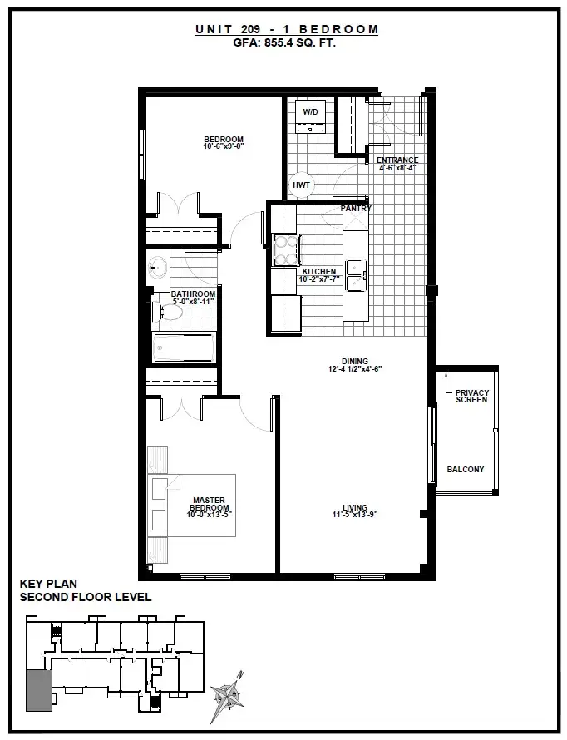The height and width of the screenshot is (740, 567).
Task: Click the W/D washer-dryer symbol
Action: pyautogui.click(x=310, y=116)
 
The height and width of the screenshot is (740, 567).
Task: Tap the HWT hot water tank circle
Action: pyautogui.click(x=302, y=185)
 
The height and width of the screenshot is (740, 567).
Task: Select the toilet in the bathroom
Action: pyautogui.click(x=167, y=312)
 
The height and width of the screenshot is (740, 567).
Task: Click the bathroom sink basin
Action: pyautogui.click(x=157, y=269)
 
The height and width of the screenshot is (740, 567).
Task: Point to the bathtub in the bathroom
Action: pyautogui.click(x=184, y=348)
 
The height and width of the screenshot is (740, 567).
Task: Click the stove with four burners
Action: pyautogui.click(x=286, y=250)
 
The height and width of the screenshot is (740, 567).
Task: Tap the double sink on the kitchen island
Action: pyautogui.click(x=356, y=274)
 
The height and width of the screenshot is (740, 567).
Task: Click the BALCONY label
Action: pyautogui.click(x=466, y=469)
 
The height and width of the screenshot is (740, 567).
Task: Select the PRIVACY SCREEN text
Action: pyautogui.click(x=471, y=396)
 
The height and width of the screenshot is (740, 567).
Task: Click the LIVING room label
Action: pyautogui.click(x=355, y=508)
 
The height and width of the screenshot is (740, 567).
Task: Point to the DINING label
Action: pyautogui.click(x=355, y=362)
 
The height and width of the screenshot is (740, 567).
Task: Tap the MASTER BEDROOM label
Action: pyautogui.click(x=209, y=504)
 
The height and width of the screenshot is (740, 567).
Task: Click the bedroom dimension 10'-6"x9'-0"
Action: pyautogui.click(x=224, y=146)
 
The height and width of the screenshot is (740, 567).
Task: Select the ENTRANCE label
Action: pyautogui.click(x=397, y=160)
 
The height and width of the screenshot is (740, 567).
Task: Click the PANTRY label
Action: pyautogui.click(x=356, y=208)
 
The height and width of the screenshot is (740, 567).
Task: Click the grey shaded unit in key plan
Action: pyautogui.click(x=39, y=690)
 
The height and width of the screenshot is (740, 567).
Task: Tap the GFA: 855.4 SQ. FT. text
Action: pyautogui.click(x=284, y=43)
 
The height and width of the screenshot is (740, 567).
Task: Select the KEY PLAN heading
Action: pyautogui.click(x=48, y=584)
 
